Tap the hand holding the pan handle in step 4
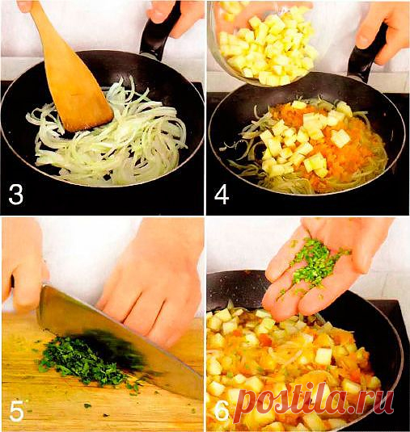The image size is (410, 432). click(x=380, y=24)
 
